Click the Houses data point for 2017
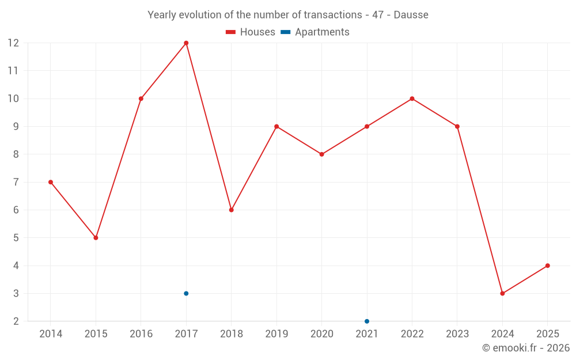[x=186, y=43]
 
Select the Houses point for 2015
[x=96, y=238]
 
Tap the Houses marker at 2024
[x=502, y=293]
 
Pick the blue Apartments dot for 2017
[x=186, y=293]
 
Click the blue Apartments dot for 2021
[x=367, y=321]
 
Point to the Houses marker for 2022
[x=412, y=98]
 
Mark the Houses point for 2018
[x=231, y=210]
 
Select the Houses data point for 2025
[x=547, y=266]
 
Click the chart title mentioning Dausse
[x=288, y=15]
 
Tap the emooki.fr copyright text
[x=525, y=348]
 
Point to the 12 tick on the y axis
[x=13, y=43]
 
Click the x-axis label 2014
[x=51, y=334]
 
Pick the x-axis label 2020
[x=321, y=334]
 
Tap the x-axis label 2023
[x=457, y=334]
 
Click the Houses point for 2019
[x=276, y=126]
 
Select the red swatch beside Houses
[x=231, y=32]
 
